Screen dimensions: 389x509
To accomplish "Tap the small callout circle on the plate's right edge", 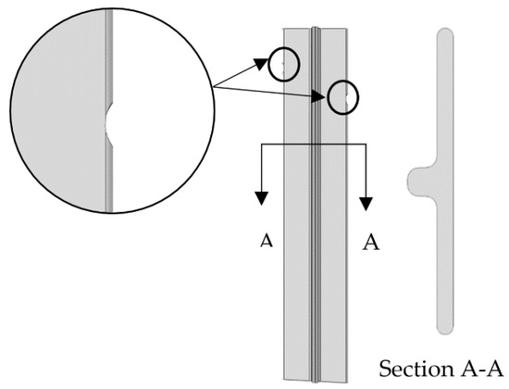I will click(x=343, y=96).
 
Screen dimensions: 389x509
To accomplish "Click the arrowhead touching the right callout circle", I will click(x=327, y=93).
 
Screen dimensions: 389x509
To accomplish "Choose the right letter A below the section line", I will click(x=371, y=242).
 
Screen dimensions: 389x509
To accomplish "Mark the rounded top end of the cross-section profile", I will click(x=445, y=32).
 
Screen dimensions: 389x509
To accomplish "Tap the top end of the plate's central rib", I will click(x=316, y=29).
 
